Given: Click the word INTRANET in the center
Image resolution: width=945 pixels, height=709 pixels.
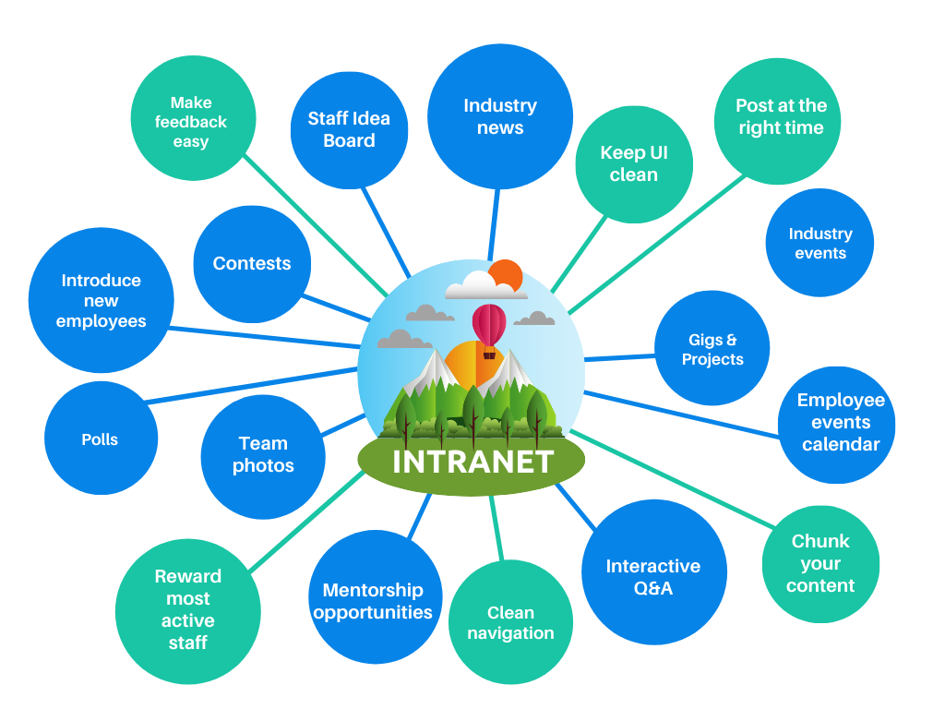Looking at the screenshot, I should click(472, 461).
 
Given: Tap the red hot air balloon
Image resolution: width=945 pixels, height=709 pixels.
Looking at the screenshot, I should click(489, 326).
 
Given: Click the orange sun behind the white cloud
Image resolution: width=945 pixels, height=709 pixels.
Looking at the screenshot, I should click(507, 274).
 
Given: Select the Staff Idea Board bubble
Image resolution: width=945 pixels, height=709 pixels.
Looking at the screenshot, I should click(349, 129).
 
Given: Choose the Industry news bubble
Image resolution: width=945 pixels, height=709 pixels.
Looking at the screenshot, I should click(500, 116).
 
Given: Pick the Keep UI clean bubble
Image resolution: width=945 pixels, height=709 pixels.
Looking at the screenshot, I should click(634, 163).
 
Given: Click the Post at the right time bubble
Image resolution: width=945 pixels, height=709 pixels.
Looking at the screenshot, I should click(781, 117).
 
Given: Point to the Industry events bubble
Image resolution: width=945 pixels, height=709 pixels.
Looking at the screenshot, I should click(819, 243).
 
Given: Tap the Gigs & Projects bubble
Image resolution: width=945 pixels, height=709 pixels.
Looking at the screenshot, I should click(712, 350).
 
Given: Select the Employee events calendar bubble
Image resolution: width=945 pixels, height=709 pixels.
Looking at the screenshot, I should click(841, 422).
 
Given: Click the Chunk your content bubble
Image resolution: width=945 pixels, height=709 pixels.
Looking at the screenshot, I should click(820, 563).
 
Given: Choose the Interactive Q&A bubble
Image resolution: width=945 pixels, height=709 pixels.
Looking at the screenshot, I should click(652, 577).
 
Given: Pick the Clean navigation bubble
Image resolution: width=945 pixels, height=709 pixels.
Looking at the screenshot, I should click(510, 623).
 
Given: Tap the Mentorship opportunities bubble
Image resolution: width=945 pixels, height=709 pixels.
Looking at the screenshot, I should click(373, 601).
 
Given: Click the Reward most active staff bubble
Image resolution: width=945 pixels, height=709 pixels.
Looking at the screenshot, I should click(188, 609).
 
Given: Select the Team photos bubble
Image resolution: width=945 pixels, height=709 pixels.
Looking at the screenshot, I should click(263, 454).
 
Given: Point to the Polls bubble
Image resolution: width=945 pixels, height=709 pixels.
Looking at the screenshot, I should click(100, 439).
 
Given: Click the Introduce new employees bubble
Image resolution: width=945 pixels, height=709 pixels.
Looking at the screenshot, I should click(102, 300).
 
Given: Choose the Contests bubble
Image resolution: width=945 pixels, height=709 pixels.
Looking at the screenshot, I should click(252, 263).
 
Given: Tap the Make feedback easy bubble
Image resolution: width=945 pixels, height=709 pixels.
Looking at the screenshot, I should click(191, 122).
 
